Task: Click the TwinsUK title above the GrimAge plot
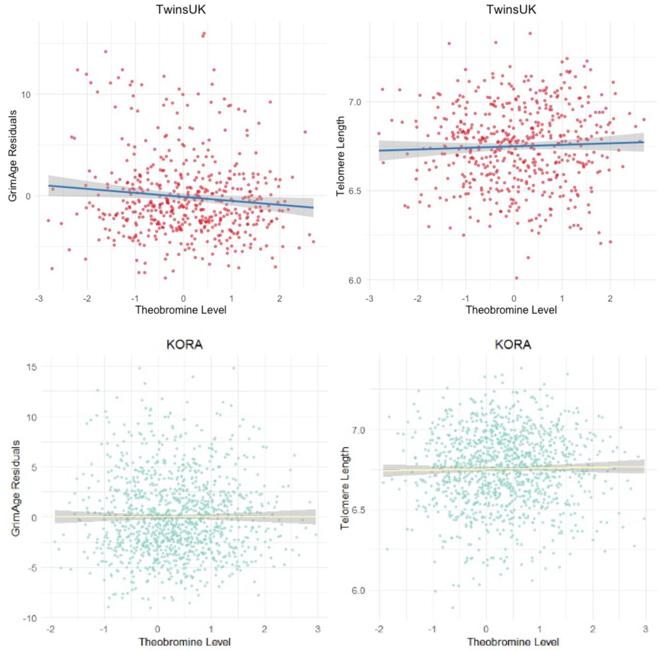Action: pyautogui.click(x=180, y=9)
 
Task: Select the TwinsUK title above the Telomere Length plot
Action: pyautogui.click(x=511, y=9)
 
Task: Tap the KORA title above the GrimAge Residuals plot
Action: pyautogui.click(x=184, y=344)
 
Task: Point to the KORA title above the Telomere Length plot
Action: pyautogui.click(x=513, y=344)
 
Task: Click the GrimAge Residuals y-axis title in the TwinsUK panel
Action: pyautogui.click(x=13, y=156)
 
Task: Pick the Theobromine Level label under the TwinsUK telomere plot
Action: pyautogui.click(x=511, y=310)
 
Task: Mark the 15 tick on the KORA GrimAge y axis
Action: pyautogui.click(x=32, y=367)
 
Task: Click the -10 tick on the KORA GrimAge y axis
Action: pyautogui.click(x=31, y=618)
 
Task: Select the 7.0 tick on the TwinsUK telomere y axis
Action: pyautogui.click(x=354, y=102)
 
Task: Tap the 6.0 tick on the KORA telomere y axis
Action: pyautogui.click(x=358, y=591)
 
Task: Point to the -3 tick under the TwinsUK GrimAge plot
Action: pyautogui.click(x=39, y=299)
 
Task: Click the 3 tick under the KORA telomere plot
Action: pyautogui.click(x=645, y=629)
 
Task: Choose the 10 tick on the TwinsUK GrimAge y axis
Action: pyautogui.click(x=25, y=95)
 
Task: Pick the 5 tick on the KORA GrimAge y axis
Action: pyautogui.click(x=34, y=467)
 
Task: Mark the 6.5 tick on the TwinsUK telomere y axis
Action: pyautogui.click(x=354, y=191)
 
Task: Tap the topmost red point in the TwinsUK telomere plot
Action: pyautogui.click(x=530, y=34)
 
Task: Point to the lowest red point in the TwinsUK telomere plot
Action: pyautogui.click(x=516, y=278)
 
